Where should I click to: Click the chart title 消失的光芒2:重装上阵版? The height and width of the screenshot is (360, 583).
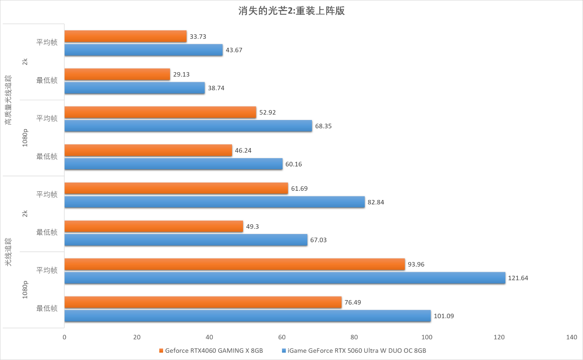point(291,11)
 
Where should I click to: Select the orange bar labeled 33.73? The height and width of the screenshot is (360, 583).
point(125,36)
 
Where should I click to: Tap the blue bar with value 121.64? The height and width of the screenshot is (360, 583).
point(285,278)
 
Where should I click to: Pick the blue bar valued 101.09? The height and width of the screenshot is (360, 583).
point(248,316)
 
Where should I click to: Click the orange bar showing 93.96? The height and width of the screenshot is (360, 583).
point(234,264)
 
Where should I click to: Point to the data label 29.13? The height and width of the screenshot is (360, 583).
point(182,74)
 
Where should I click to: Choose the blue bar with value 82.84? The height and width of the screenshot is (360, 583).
point(215,202)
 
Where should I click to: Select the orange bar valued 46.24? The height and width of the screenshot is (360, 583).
point(148,150)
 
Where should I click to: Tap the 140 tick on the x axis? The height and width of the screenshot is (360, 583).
point(572,337)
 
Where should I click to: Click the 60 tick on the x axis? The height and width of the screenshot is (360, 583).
point(282,337)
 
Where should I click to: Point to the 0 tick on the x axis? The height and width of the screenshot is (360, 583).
point(64,337)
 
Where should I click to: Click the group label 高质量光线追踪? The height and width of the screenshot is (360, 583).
point(9,100)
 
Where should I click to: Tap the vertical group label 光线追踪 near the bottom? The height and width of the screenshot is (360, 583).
point(9,252)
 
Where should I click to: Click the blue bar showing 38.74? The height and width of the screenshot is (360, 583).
point(135,88)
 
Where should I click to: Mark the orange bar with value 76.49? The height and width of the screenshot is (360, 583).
point(203,302)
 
